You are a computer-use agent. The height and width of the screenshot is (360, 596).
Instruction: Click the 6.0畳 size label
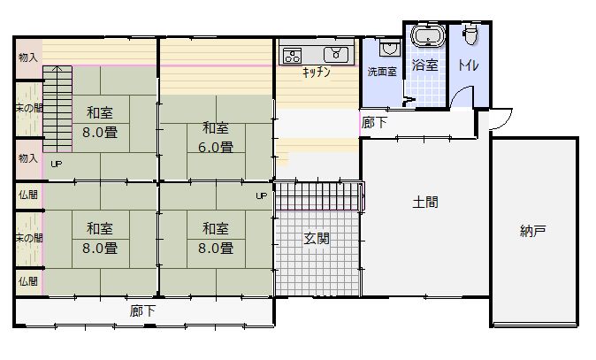pyautogui.click(x=217, y=147)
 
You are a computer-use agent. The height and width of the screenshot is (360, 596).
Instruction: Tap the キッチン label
pyautogui.click(x=316, y=73)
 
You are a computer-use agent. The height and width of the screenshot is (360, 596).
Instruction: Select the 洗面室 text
pyautogui.click(x=382, y=72)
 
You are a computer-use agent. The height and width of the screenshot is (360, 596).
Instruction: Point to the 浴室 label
pyautogui.click(x=424, y=65)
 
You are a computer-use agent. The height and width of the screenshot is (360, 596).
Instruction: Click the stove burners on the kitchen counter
pyautogui.click(x=293, y=55)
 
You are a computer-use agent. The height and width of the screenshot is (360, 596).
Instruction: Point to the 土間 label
pyautogui.click(x=425, y=202)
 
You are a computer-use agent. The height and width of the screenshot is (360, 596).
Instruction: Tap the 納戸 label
pyautogui.click(x=532, y=232)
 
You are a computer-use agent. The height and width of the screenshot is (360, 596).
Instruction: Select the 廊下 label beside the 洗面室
pyautogui.click(x=374, y=123)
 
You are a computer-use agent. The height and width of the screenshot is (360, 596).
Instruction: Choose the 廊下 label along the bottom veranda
pyautogui.click(x=143, y=310)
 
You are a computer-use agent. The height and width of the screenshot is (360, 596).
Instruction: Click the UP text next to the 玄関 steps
pyautogui.click(x=261, y=195)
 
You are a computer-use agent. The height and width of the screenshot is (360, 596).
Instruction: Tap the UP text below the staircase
pyautogui.click(x=56, y=165)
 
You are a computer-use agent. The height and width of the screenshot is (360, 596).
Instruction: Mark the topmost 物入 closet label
pyautogui.click(x=28, y=57)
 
